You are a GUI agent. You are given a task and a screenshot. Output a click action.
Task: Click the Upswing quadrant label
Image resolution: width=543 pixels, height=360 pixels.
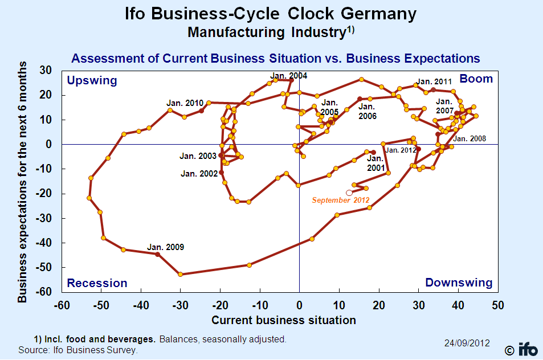click(x=92, y=80)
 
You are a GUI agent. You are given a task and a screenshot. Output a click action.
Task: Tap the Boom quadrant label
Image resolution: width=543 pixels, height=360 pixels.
click(x=476, y=79)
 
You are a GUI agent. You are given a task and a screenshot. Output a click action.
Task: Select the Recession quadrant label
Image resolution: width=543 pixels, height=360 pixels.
click(x=97, y=283)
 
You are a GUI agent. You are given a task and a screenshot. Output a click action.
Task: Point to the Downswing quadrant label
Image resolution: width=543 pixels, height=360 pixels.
click(x=459, y=283)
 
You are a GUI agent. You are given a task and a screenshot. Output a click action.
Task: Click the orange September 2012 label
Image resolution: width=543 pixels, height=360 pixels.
click(x=341, y=200)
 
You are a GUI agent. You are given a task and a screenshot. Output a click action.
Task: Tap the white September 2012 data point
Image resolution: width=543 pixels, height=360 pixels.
click(x=349, y=193)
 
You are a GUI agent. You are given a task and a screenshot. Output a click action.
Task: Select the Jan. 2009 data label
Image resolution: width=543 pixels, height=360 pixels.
click(x=165, y=247)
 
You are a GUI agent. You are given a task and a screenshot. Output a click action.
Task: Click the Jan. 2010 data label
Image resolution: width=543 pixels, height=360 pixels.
click(x=185, y=103)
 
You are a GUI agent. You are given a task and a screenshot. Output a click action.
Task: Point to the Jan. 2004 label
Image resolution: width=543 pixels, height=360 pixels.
click(x=289, y=76)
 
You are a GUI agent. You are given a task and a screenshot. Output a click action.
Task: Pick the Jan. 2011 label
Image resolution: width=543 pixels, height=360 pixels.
click(x=434, y=81)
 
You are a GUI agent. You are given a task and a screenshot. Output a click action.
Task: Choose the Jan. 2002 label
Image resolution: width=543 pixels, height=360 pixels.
click(x=199, y=173)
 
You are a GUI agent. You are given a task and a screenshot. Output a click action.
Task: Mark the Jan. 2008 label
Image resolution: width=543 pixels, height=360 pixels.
click(x=470, y=138)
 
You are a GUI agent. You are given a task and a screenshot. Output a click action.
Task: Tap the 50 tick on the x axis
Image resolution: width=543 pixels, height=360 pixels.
click(x=497, y=305)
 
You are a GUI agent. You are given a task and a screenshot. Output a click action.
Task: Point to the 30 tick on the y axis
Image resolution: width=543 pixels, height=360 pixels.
click(x=46, y=70)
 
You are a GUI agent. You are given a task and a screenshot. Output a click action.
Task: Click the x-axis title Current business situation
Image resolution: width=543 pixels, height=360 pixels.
click(x=284, y=320)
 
